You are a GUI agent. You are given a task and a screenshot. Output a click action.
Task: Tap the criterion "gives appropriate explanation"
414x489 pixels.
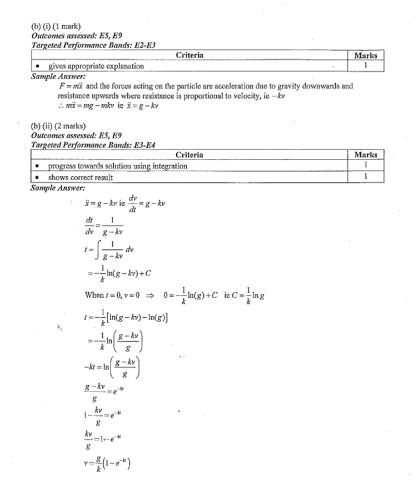click(x=96, y=66)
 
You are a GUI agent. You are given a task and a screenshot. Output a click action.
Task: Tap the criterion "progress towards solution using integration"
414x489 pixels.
click(x=117, y=166)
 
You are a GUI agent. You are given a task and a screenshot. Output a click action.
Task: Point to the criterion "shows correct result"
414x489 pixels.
click(x=80, y=177)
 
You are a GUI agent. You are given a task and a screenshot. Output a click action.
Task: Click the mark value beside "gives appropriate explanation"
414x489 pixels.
click(x=365, y=65)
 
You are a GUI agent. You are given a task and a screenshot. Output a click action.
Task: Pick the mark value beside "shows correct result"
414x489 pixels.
click(x=365, y=177)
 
